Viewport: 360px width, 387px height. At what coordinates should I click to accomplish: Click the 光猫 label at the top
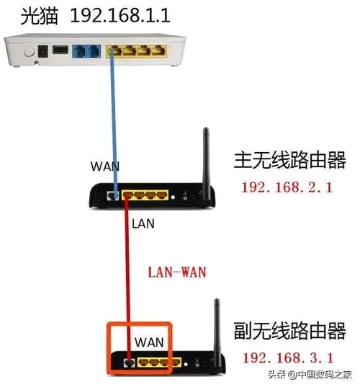pos(40,16)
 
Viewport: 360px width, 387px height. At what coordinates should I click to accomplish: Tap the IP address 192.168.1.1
pos(120,16)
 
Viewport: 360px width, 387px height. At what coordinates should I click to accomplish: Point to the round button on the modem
pos(29,52)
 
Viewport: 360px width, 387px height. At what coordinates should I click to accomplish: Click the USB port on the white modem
pos(60,50)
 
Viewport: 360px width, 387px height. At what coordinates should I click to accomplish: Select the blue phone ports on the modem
pos(86,51)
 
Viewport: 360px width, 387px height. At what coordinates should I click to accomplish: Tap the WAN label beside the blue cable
pos(105,166)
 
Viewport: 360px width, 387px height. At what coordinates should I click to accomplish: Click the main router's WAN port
pos(113,196)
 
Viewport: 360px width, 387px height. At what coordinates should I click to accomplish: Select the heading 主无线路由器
pos(289,160)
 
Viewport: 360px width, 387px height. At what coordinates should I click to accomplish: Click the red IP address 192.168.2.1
pos(287,187)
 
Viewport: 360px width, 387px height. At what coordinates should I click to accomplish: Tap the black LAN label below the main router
pos(143,223)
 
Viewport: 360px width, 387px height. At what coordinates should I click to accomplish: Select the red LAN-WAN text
pos(177,272)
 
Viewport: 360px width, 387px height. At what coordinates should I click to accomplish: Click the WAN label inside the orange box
pos(149,342)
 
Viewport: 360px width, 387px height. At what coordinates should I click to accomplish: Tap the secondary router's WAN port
pos(129,362)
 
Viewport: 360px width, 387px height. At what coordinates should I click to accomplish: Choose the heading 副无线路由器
pos(289,331)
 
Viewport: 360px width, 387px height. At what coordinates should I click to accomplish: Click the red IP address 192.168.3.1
pos(288,358)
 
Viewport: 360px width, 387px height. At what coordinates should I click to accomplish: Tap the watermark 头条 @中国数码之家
pos(310,375)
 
